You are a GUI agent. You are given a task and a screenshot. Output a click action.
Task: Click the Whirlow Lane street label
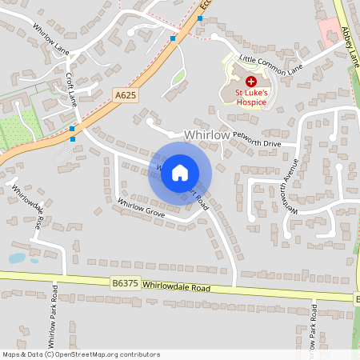click(x=50, y=38)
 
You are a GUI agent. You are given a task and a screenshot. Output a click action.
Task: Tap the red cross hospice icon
click(x=250, y=82)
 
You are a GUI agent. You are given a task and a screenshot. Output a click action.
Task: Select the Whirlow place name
click(x=207, y=137)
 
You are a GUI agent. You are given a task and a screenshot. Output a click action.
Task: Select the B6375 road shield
click(x=123, y=282)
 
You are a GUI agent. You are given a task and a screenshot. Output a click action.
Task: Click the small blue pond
click(x=17, y=258)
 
